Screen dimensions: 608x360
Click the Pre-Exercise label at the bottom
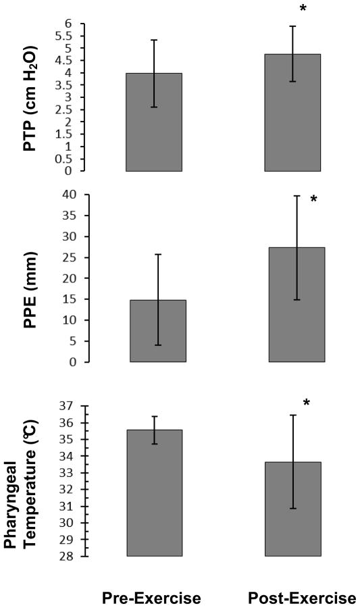[151, 598]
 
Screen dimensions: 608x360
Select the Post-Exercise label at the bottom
[302, 598]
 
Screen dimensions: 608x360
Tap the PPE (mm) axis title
[29, 280]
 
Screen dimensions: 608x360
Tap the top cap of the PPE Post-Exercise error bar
[296, 196]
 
